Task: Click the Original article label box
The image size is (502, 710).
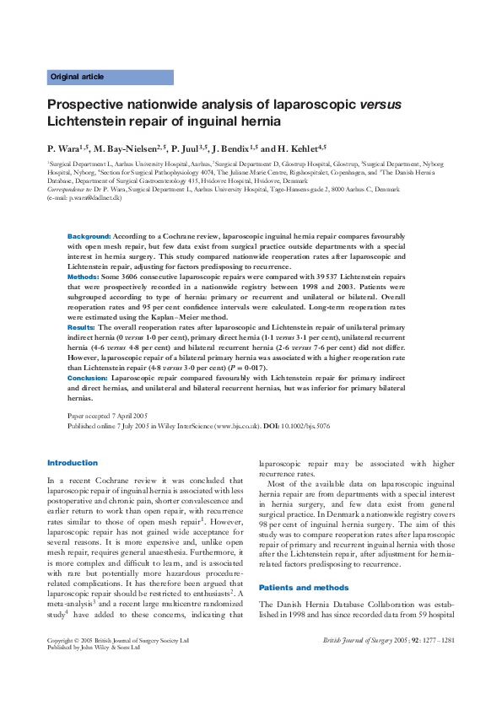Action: (110, 77)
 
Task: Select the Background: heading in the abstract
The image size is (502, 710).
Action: (89, 237)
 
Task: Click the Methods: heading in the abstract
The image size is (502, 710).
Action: (83, 276)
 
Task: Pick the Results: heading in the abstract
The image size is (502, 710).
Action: (81, 325)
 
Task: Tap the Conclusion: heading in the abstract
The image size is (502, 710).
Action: (88, 379)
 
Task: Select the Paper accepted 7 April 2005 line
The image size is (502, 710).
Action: (107, 417)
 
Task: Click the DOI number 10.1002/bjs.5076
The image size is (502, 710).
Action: (307, 427)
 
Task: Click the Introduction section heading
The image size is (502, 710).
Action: (73, 462)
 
